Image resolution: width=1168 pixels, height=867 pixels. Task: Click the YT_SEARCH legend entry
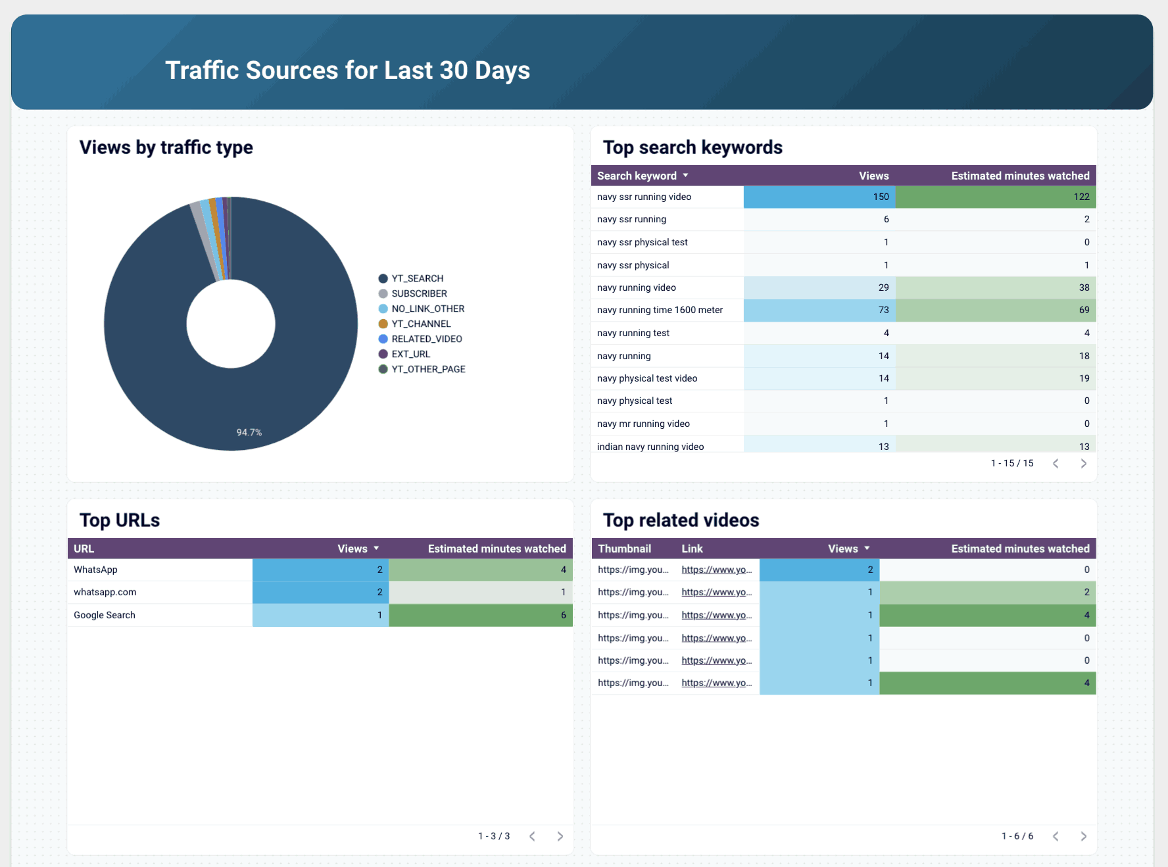(x=417, y=278)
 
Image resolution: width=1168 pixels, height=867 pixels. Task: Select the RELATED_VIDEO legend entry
(x=426, y=339)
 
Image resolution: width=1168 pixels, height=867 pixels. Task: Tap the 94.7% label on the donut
(x=249, y=432)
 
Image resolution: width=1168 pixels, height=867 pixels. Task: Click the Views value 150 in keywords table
(x=881, y=197)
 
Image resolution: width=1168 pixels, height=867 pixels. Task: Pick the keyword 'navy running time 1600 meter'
(x=660, y=310)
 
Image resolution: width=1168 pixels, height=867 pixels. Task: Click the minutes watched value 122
(x=1081, y=197)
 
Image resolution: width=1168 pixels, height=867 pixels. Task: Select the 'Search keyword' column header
(x=637, y=176)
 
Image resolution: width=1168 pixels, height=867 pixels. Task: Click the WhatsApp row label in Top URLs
(x=96, y=570)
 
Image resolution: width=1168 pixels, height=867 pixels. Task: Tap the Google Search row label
(x=105, y=615)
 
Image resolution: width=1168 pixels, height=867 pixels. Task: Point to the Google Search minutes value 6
(x=563, y=615)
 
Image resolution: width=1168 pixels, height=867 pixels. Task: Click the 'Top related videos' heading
(x=681, y=520)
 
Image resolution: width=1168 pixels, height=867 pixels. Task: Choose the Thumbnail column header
(x=624, y=549)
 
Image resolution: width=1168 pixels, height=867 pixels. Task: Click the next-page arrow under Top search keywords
(x=1083, y=464)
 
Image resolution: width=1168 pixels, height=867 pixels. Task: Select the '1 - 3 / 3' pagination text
(x=494, y=836)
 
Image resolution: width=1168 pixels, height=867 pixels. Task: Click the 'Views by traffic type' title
(x=166, y=147)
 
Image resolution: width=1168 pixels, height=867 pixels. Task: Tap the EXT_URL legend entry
(x=410, y=354)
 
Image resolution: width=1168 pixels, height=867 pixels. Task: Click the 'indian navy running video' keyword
(x=650, y=447)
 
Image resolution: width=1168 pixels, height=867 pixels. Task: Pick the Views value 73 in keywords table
(x=883, y=310)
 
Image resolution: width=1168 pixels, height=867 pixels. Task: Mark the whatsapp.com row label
(x=105, y=592)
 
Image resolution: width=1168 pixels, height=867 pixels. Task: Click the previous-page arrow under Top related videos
(x=1056, y=836)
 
